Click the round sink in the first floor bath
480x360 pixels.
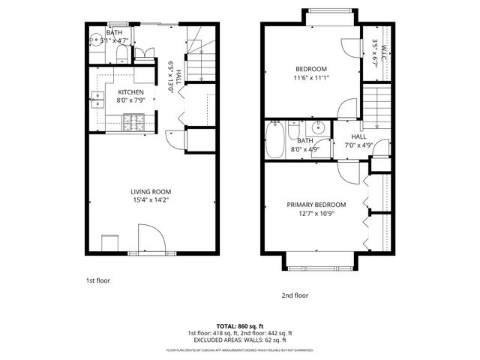coord(96,40)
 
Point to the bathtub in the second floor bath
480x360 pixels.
coord(274,141)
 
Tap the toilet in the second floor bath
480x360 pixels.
coord(320,148)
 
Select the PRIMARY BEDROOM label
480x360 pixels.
coord(316,205)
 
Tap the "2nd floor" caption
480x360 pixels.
coord(295,295)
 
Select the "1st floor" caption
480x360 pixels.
coord(97,280)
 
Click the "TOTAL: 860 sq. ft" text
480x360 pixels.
coord(239,325)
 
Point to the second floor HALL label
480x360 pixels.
coord(358,136)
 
